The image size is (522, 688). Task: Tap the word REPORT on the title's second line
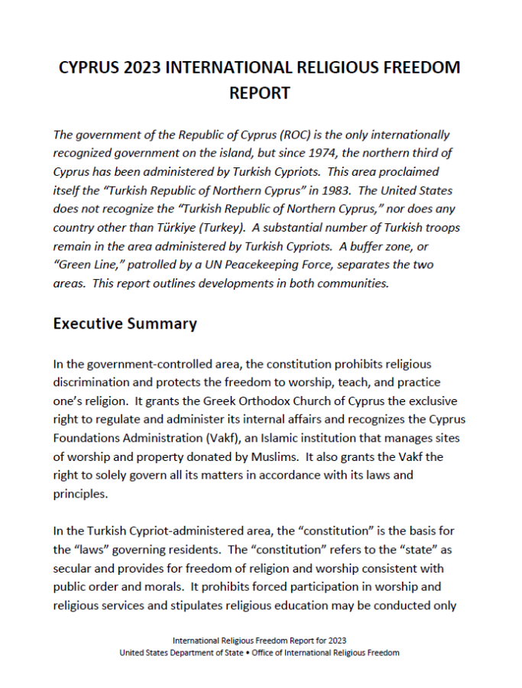260,93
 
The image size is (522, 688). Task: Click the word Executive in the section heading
88,323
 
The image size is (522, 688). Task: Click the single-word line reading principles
81,493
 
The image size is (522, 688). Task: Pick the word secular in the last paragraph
76,569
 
